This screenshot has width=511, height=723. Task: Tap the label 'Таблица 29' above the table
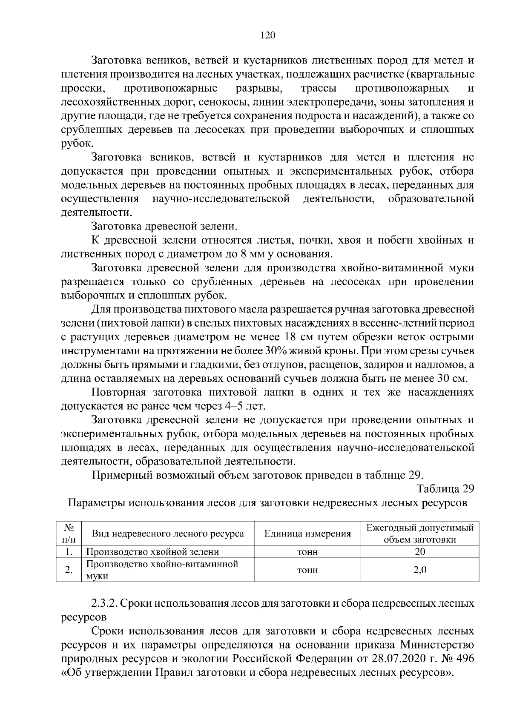[445, 488]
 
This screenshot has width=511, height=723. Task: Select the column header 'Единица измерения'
[307, 534]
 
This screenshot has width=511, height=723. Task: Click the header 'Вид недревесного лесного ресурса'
[168, 534]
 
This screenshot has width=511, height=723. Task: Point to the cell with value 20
[420, 552]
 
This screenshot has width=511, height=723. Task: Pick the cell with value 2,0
[420, 570]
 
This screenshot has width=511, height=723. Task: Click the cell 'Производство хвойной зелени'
[152, 552]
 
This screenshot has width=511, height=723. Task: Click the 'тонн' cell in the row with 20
[307, 552]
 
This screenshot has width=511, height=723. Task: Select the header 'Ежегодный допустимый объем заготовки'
[420, 534]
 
